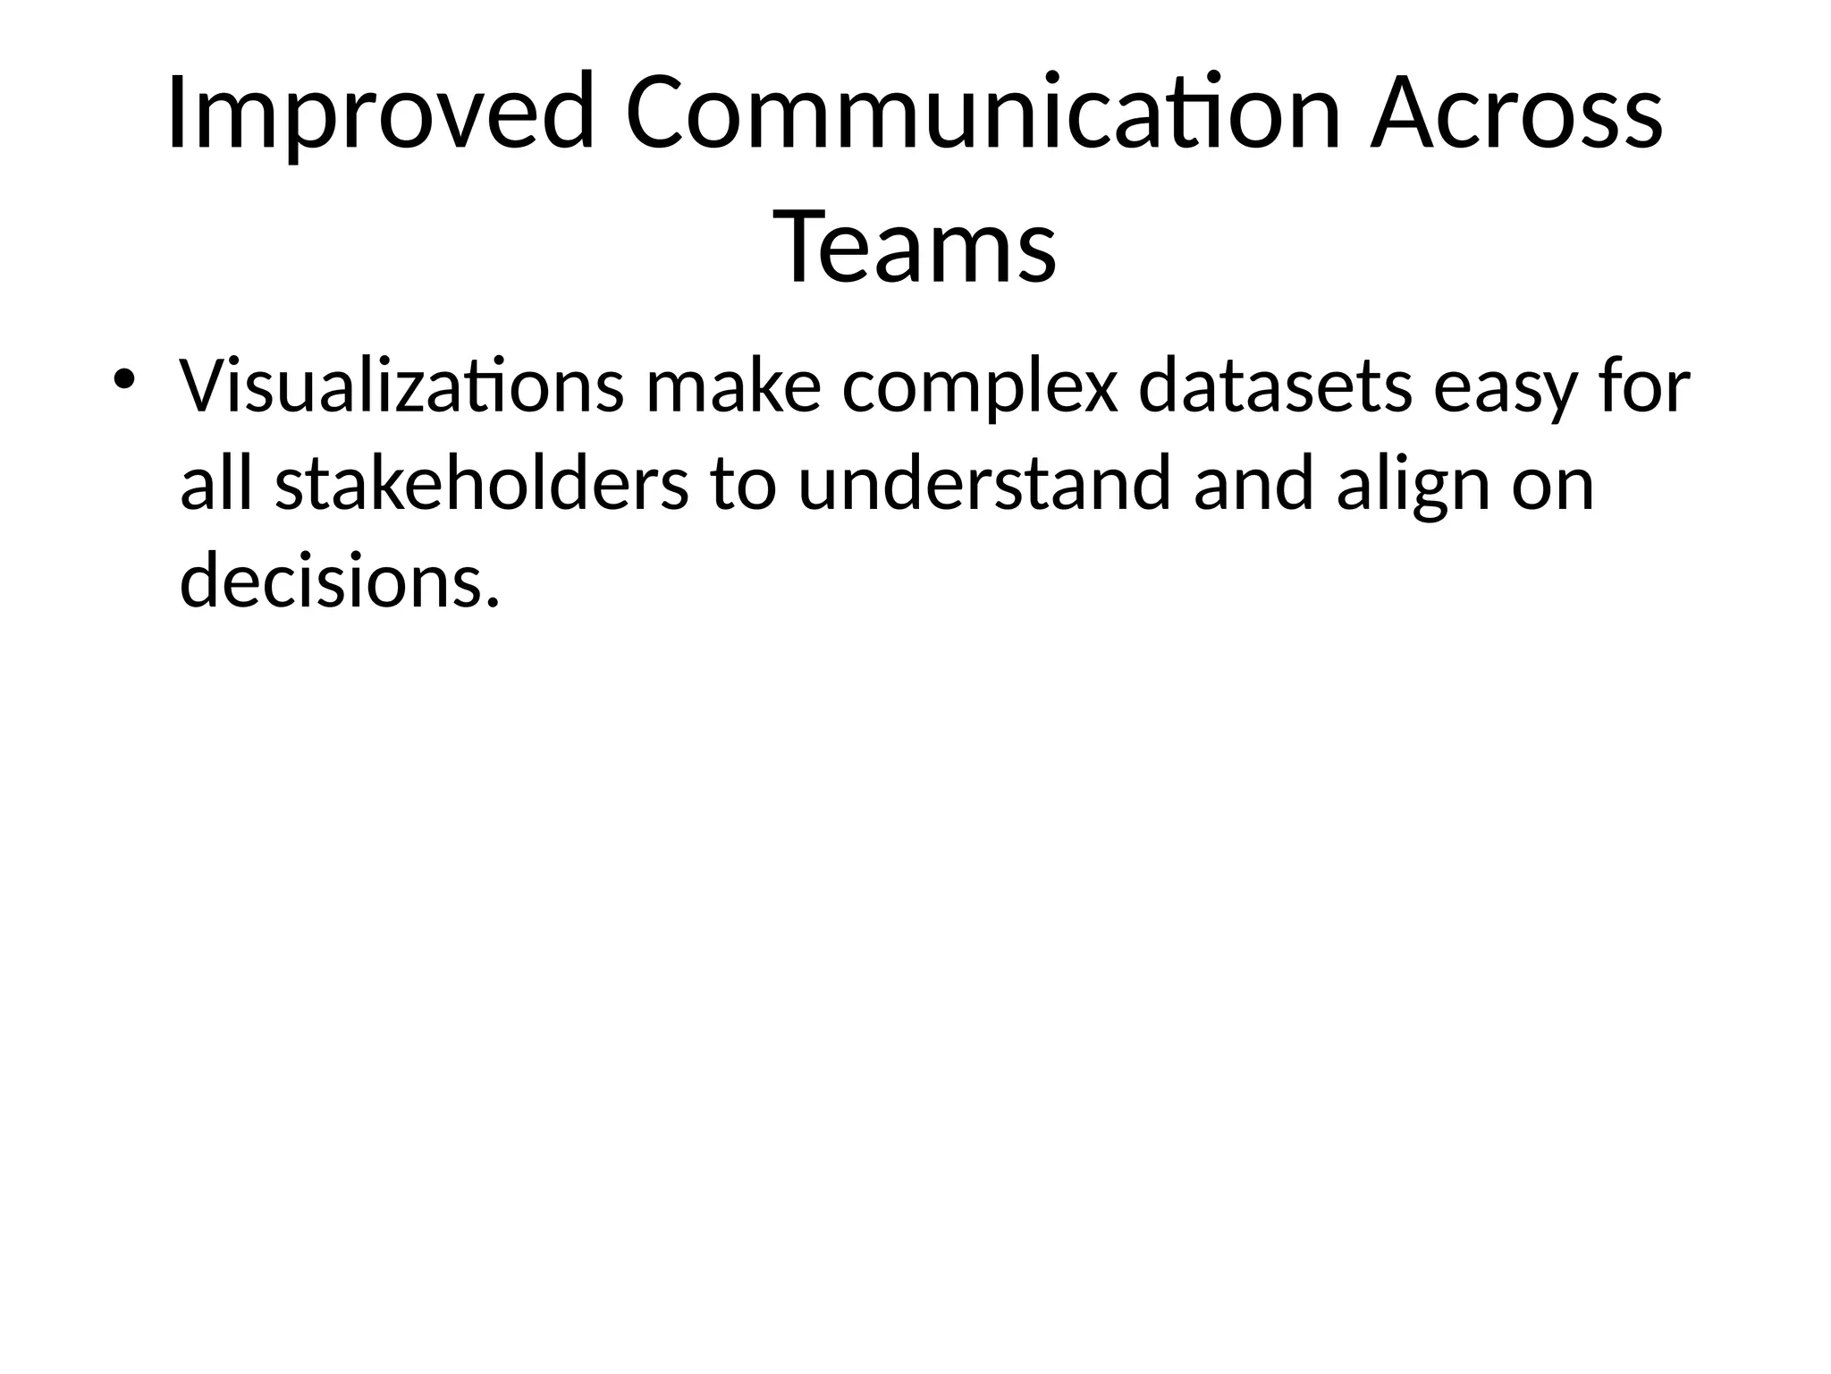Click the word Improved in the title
pyautogui.click(x=380, y=114)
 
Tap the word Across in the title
pyautogui.click(x=1516, y=114)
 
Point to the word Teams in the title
pyautogui.click(x=915, y=245)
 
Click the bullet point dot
pyautogui.click(x=122, y=379)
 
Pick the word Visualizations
pyautogui.click(x=401, y=387)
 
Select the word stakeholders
pyautogui.click(x=482, y=483)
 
